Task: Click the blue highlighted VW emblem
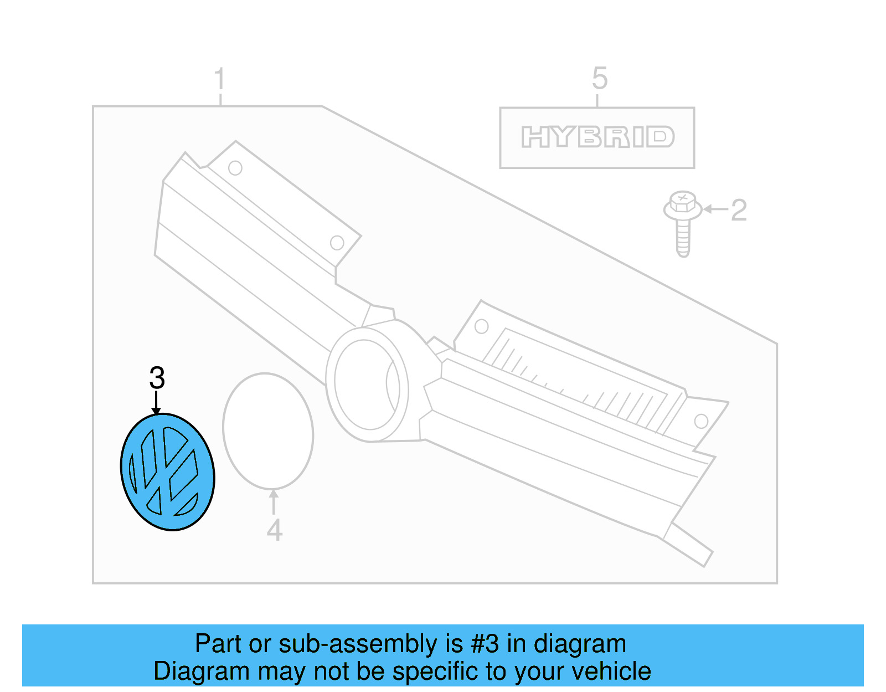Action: (167, 471)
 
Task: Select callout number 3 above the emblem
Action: (157, 378)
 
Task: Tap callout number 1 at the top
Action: (220, 79)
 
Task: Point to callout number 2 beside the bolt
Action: (739, 211)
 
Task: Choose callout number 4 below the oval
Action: (274, 530)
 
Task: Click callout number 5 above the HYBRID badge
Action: (599, 78)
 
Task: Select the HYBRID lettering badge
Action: (597, 137)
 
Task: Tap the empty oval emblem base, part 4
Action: (268, 431)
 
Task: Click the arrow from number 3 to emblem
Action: (157, 402)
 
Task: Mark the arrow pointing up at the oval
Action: (273, 501)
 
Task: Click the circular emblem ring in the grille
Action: (367, 383)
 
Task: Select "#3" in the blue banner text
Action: (485, 644)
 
